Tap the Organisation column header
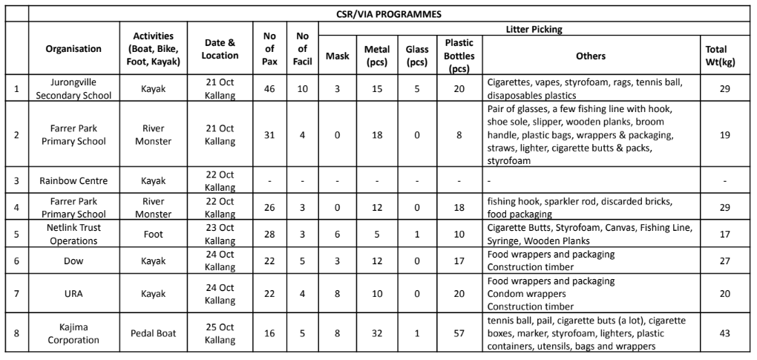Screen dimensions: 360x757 point(73,49)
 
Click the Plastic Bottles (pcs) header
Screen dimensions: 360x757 point(459,56)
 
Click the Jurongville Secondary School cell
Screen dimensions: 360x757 point(73,88)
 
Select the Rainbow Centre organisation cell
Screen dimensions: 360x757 point(73,180)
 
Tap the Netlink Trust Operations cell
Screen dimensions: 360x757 point(73,235)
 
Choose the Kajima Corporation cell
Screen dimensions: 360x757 point(73,334)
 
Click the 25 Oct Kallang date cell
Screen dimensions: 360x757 point(220,334)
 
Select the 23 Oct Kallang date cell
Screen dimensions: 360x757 point(220,235)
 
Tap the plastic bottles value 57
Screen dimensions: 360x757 point(459,334)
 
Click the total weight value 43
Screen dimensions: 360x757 point(724,334)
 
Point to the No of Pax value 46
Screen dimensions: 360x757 point(269,88)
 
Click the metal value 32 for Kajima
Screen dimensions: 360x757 point(377,334)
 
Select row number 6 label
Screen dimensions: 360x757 point(16,261)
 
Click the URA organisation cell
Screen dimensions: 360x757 point(73,294)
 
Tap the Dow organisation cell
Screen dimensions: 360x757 point(73,261)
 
